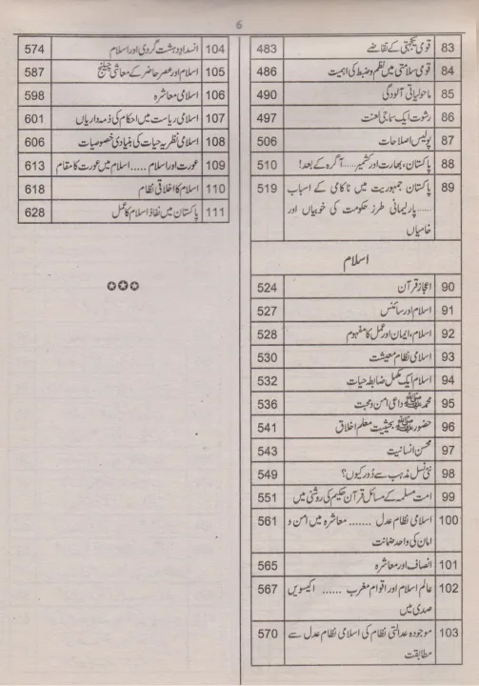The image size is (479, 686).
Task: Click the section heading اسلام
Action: (354, 259)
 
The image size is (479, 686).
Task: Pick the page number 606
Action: (36, 140)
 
